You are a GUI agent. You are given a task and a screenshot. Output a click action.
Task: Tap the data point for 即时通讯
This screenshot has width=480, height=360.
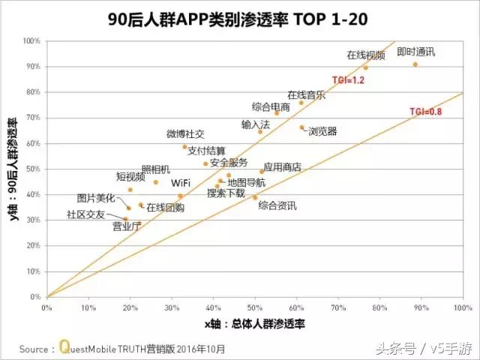415,64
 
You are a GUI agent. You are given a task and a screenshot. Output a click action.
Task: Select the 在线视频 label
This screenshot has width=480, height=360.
366,55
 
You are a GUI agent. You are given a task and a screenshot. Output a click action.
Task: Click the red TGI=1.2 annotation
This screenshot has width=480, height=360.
348,79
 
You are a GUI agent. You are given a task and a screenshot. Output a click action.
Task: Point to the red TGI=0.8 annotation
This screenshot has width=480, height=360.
425,111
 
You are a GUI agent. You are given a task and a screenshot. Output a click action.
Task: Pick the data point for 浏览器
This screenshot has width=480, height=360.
302,127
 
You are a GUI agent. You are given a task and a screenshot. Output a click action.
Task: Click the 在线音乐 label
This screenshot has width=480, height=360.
306,95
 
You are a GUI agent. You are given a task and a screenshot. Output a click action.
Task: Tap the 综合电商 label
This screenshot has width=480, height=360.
271,106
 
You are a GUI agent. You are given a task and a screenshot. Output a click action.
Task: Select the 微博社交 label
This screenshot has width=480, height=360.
185,134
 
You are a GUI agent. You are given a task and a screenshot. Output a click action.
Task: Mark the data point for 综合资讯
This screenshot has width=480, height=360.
255,197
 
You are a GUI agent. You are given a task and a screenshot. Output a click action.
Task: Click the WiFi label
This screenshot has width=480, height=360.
180,182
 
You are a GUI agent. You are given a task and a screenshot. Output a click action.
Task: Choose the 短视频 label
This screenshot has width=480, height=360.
130,177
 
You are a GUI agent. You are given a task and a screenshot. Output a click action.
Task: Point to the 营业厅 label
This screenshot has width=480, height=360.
126,226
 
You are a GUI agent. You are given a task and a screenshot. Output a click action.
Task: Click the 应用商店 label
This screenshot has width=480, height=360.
282,167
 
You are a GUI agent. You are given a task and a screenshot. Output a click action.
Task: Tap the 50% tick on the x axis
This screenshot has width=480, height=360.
255,307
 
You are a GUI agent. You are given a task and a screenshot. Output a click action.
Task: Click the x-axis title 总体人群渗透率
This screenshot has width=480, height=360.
254,324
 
